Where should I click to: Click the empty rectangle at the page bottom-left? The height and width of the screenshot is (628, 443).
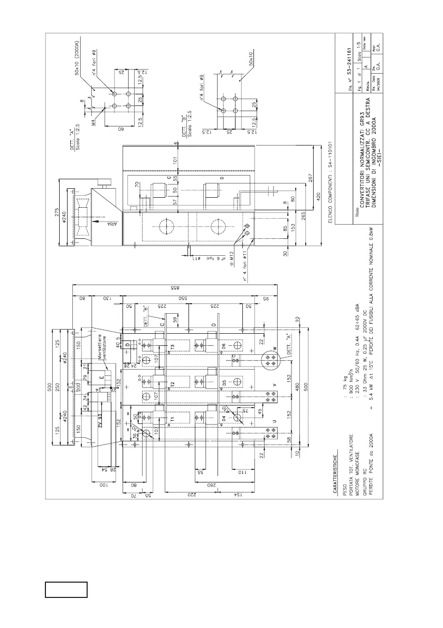[x=66, y=590]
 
